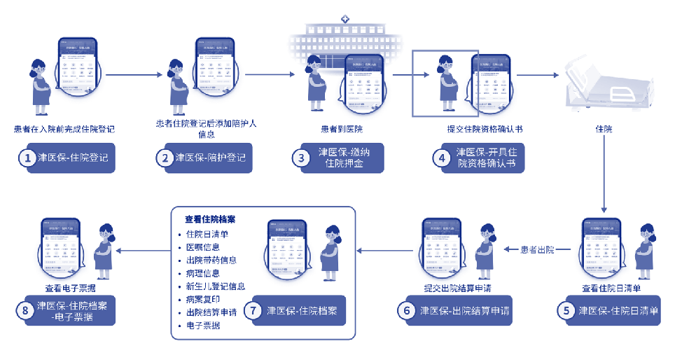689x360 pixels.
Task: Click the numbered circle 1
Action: click(27, 158)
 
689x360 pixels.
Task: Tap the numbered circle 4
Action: click(442, 158)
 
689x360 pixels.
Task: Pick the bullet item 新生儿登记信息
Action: click(216, 286)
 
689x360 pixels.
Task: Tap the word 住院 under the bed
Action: click(604, 129)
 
